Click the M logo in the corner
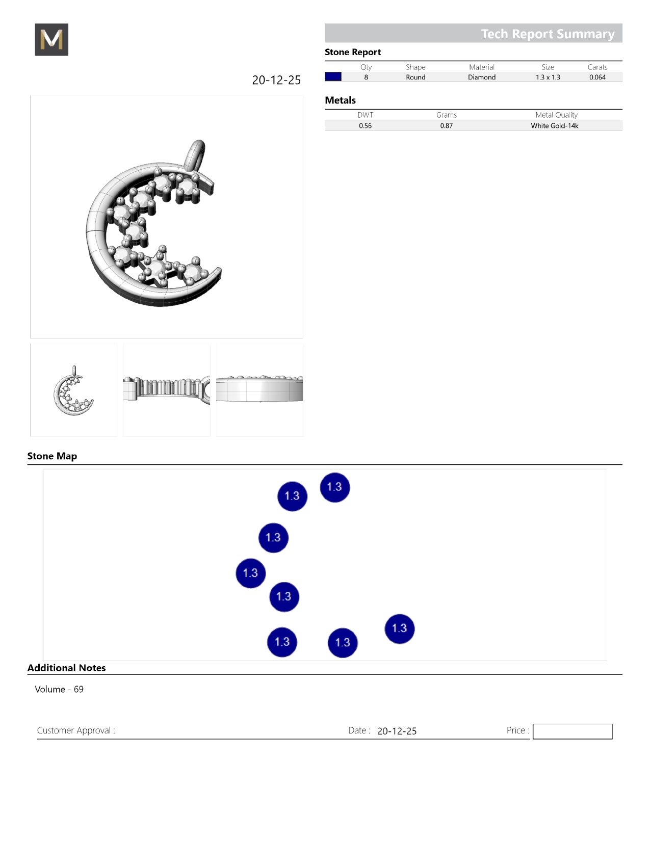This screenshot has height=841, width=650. [x=51, y=39]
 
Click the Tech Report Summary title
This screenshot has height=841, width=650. [x=548, y=34]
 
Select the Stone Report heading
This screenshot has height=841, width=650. [x=353, y=52]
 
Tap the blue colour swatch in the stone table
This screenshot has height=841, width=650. [x=333, y=76]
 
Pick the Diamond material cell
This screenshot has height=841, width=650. [x=482, y=77]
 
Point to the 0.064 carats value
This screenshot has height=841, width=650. [x=597, y=77]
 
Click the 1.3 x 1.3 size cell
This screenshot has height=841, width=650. [x=548, y=77]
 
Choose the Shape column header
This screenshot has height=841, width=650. [x=415, y=67]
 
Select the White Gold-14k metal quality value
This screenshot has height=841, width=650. [x=554, y=125]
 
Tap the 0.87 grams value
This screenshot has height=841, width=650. [x=447, y=125]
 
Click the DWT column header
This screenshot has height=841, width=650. [x=365, y=115]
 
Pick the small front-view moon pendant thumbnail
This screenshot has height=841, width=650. [x=73, y=390]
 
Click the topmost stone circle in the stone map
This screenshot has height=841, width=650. [x=335, y=487]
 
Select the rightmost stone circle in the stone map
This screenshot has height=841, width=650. [x=400, y=628]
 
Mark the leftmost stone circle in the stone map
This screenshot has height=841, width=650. [x=250, y=573]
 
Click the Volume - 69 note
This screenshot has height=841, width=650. [x=59, y=689]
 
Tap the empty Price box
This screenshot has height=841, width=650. [x=572, y=731]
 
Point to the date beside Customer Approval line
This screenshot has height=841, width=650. [x=397, y=731]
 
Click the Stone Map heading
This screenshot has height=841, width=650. [x=53, y=456]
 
